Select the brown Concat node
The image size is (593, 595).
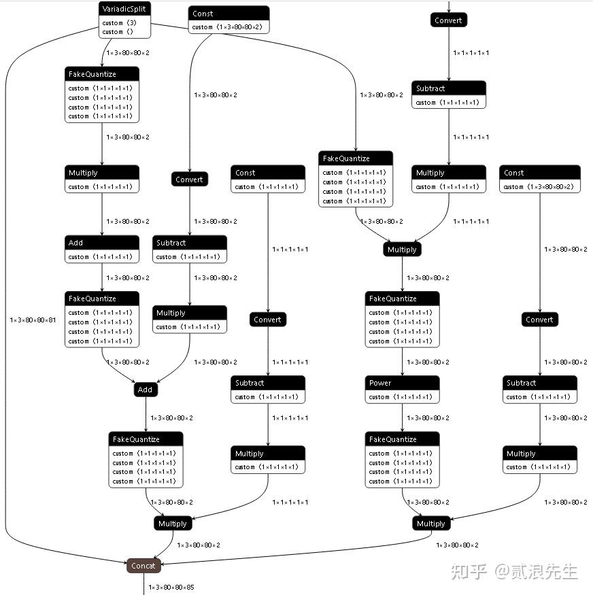click(x=143, y=566)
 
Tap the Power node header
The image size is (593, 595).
click(x=402, y=383)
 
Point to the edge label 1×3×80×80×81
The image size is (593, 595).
click(x=33, y=320)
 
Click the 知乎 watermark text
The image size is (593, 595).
click(x=469, y=571)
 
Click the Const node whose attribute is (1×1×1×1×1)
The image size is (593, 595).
click(x=268, y=173)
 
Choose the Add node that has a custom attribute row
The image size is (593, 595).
click(x=102, y=243)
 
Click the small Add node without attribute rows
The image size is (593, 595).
click(x=146, y=390)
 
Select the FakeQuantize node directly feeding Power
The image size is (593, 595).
click(x=402, y=299)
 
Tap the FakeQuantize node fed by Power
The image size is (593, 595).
click(x=402, y=439)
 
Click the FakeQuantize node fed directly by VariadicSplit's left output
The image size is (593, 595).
click(x=102, y=74)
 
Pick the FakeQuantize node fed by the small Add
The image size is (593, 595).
click(x=146, y=439)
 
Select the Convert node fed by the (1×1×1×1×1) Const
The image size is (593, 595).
click(x=268, y=320)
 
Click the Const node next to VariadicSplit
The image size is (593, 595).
click(x=228, y=14)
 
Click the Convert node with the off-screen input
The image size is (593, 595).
click(x=449, y=20)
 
